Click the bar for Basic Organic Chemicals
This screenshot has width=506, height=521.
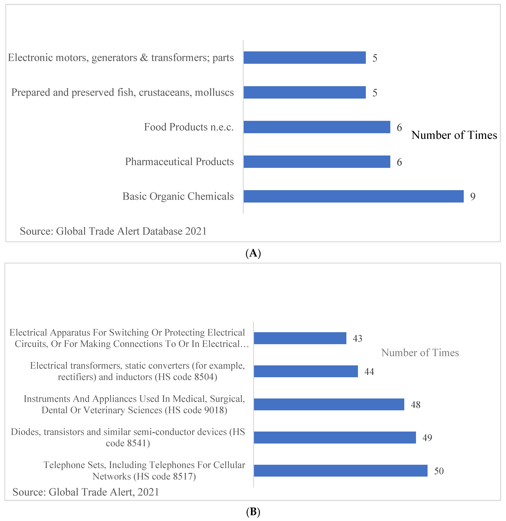pos(353,196)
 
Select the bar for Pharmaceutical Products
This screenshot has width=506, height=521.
pos(317,162)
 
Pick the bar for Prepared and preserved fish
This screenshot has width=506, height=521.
pos(305,92)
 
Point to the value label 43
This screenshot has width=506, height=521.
pos(357,339)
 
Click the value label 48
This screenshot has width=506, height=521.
pos(416,405)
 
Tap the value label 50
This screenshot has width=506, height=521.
pos(439,471)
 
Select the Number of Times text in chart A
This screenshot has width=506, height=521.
pos(454,135)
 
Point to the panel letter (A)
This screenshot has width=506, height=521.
pos(253,253)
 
